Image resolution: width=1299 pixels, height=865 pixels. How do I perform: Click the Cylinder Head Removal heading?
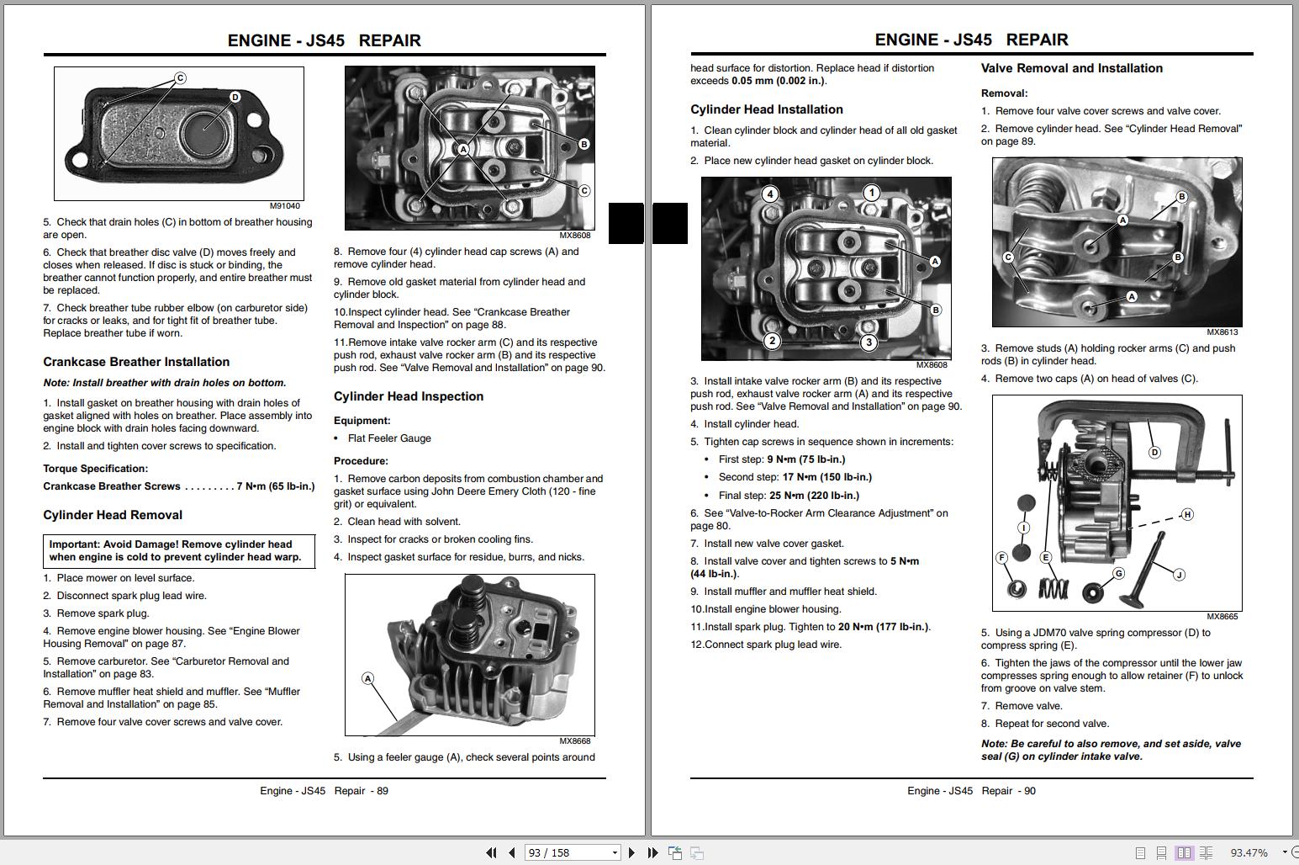[x=113, y=515]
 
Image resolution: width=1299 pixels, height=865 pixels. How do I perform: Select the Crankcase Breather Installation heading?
[x=136, y=362]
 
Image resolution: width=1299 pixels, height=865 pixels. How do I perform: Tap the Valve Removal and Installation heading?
[x=1071, y=68]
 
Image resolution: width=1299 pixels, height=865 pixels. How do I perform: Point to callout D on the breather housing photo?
[x=235, y=98]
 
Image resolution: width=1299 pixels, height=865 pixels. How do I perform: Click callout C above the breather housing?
[x=180, y=78]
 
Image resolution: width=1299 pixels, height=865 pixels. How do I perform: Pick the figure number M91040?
[x=284, y=206]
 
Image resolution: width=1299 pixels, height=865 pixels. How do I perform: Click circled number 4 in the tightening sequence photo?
[x=769, y=194]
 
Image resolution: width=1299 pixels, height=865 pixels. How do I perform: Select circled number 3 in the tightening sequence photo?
[x=869, y=342]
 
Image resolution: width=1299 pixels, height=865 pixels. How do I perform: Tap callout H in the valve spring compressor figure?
[x=1186, y=514]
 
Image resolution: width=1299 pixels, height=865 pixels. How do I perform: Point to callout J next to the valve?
[x=1178, y=575]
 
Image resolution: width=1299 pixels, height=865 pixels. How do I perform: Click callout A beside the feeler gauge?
[x=367, y=678]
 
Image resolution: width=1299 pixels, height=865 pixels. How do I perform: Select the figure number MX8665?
[x=1222, y=617]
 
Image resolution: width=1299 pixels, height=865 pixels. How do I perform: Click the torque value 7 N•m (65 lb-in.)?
[x=276, y=486]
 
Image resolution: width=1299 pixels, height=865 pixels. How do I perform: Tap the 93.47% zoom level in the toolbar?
[x=1249, y=852]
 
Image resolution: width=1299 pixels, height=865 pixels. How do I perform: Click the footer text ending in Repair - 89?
[x=324, y=791]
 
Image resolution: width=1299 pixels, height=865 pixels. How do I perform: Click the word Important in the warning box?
[x=74, y=544]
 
